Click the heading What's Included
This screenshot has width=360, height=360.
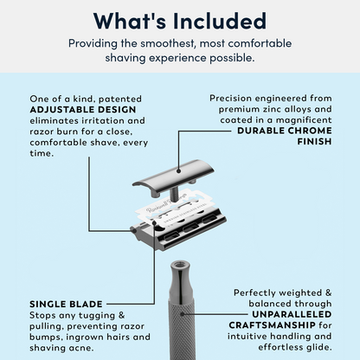[180, 20]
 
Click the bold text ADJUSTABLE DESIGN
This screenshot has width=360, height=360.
[75, 112]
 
